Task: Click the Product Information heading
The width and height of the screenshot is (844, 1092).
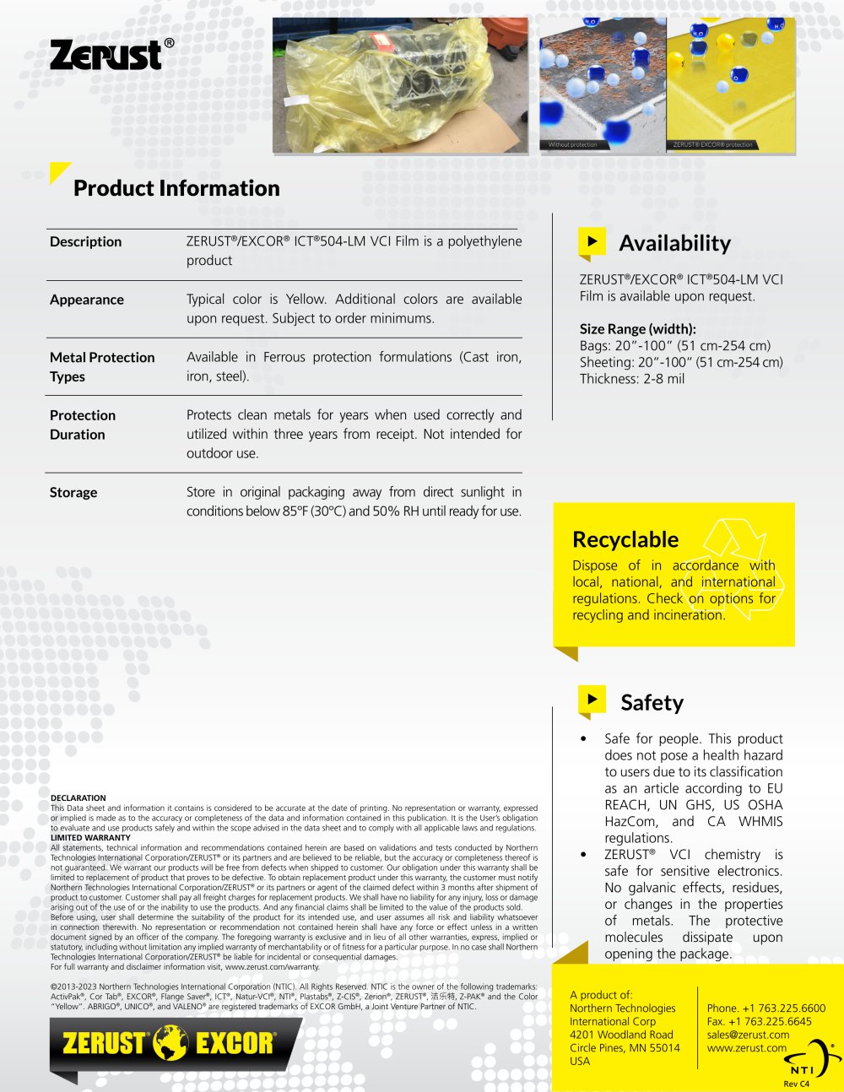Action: click(x=176, y=188)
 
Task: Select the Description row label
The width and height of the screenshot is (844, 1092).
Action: click(x=85, y=242)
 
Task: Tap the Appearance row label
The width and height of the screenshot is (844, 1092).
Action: click(x=86, y=300)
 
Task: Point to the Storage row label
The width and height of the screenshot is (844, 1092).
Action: click(x=73, y=493)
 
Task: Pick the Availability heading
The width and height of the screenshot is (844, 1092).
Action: click(x=674, y=243)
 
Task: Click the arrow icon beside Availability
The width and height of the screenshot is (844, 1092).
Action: click(x=592, y=241)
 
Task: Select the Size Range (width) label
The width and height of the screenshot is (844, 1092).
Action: click(x=637, y=329)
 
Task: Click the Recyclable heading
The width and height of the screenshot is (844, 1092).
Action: click(x=625, y=539)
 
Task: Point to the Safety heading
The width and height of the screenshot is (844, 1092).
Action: click(x=652, y=702)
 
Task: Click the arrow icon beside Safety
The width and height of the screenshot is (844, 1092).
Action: click(x=592, y=700)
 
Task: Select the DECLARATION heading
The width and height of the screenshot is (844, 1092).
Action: click(x=78, y=797)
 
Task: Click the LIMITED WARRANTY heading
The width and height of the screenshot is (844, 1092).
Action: click(x=90, y=838)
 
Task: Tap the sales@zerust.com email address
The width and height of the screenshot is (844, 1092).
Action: click(x=748, y=1035)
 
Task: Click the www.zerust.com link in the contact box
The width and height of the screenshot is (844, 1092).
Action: click(x=746, y=1048)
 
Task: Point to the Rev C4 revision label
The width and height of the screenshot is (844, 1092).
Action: click(x=796, y=1084)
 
